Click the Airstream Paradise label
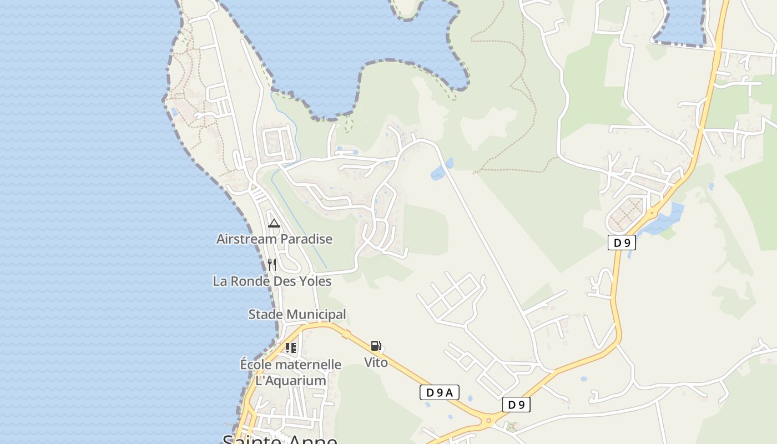pos(274,239)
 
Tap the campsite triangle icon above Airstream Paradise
pos(274,224)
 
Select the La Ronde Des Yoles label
pos(272,281)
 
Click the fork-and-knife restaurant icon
pos(272,265)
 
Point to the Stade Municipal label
pos(297,315)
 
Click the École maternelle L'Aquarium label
pos(290,372)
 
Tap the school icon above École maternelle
pos(290,348)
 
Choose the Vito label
pos(376,362)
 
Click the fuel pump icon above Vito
pos(376,346)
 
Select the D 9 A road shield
pos(439,393)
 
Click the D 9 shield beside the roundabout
pos(516,405)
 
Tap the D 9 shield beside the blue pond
pos(622,243)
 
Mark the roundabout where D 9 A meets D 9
pos(489,420)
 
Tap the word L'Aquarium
pos(290,381)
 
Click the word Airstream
pos(244,239)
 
